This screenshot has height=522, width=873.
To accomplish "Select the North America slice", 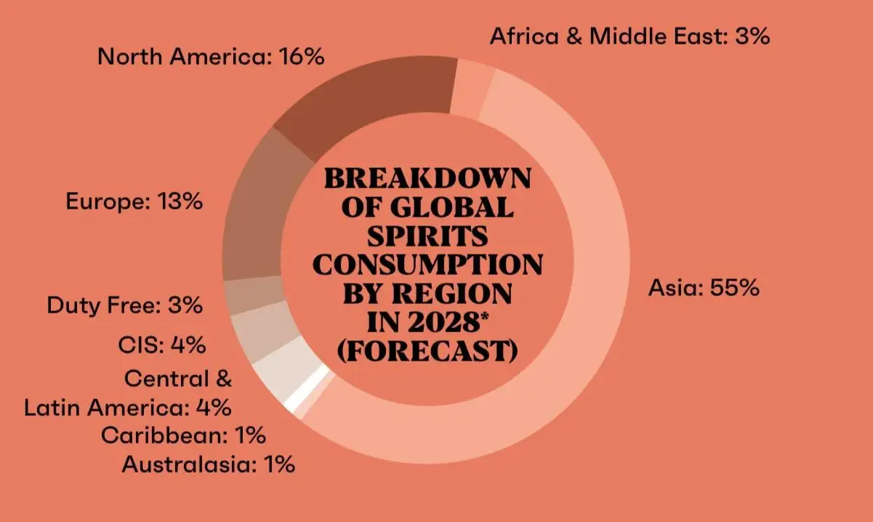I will tap(363, 102).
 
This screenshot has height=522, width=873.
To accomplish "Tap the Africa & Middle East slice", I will tap(472, 87).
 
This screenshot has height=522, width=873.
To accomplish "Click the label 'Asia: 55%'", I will tap(704, 288).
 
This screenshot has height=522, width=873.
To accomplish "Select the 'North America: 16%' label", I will tap(211, 57).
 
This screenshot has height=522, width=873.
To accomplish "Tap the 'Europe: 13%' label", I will tap(134, 201).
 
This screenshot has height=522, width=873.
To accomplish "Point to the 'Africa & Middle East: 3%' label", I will tap(629, 36).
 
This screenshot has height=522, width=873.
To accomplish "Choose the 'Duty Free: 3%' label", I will tap(124, 305).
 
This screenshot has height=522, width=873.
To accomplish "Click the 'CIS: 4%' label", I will tap(161, 345).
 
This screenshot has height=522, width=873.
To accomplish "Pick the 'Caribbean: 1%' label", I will tap(183, 435).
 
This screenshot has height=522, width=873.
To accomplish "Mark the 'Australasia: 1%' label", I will tap(209, 464).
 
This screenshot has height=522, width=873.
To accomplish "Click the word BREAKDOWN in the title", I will tap(427, 179).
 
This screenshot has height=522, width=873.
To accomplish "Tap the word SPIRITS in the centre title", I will tap(427, 237).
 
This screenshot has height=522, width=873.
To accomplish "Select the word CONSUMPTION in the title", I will tap(427, 265).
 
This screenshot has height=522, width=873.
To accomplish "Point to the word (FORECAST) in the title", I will tap(427, 351).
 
